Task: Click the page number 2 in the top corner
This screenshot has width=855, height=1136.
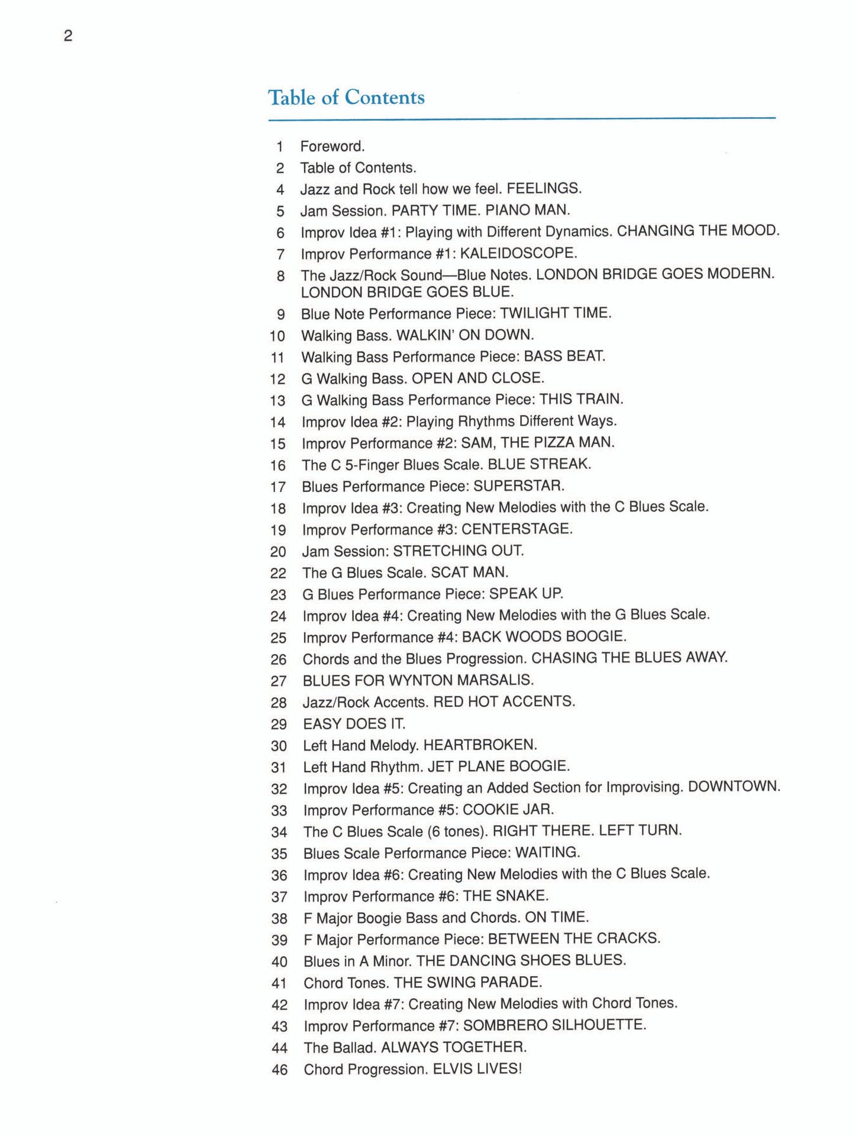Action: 68,36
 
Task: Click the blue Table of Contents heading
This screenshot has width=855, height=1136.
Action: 346,98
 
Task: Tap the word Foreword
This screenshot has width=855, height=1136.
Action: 332,146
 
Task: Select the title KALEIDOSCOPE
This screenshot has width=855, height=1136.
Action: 518,253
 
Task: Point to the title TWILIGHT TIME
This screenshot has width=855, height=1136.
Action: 556,313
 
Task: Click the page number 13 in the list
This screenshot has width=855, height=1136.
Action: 278,401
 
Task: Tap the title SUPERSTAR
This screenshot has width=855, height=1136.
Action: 519,486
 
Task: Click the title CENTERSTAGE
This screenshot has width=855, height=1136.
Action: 517,529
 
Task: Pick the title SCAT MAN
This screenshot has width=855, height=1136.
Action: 470,572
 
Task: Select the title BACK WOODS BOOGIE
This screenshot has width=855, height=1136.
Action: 544,637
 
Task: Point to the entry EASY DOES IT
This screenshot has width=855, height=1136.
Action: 354,723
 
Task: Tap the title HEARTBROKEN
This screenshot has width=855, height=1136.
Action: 480,745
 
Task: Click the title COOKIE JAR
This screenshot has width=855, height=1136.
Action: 508,809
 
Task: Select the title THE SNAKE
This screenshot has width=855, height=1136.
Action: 506,896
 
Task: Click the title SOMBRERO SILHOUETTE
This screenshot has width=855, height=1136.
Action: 554,1025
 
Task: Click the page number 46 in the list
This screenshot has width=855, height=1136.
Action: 279,1070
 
